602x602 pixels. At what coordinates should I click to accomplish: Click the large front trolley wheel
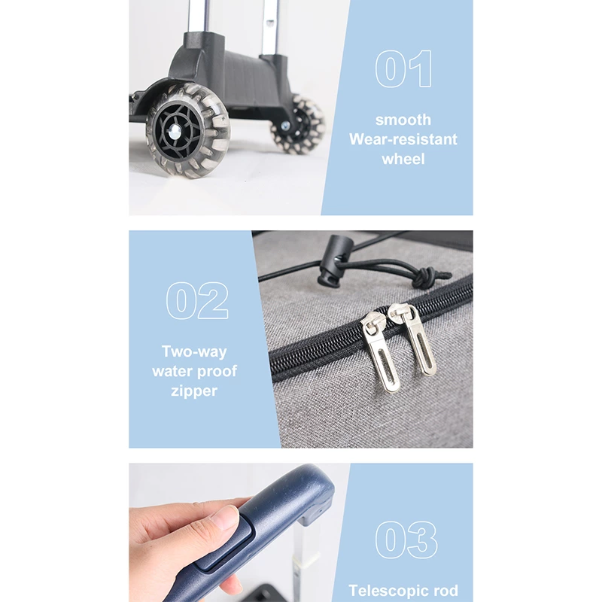[188, 130]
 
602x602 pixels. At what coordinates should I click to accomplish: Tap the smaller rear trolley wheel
[299, 123]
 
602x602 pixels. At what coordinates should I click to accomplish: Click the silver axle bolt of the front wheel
[175, 132]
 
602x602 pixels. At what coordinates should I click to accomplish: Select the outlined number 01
[403, 68]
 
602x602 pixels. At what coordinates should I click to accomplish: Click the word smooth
[403, 120]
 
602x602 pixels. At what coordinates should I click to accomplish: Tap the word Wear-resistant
[403, 139]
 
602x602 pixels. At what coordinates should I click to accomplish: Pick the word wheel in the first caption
[403, 159]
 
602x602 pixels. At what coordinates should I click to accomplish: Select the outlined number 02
[197, 300]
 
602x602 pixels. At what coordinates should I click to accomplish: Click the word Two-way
[194, 352]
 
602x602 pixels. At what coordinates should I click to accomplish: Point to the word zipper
[194, 391]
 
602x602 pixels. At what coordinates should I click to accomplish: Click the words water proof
[194, 371]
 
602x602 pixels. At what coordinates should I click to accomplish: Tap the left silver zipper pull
[381, 351]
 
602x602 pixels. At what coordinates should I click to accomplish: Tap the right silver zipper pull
[413, 339]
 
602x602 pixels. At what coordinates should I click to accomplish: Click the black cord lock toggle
[330, 261]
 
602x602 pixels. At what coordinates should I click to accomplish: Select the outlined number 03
[406, 540]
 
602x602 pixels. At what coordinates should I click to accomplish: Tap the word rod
[446, 591]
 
